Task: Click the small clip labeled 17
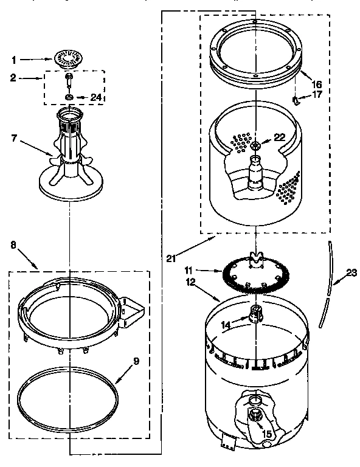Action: coord(294,99)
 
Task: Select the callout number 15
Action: coord(266,434)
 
